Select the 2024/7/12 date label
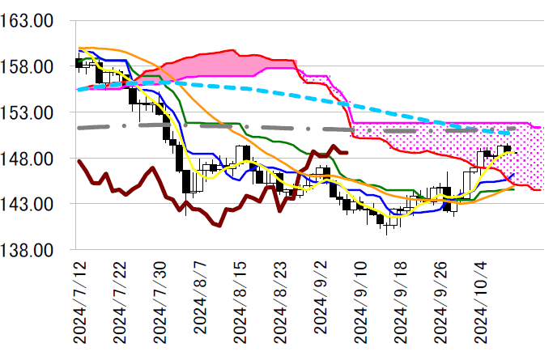[79, 300]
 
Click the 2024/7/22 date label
[119, 300]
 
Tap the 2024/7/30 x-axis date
[159, 300]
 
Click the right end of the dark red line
[347, 152]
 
